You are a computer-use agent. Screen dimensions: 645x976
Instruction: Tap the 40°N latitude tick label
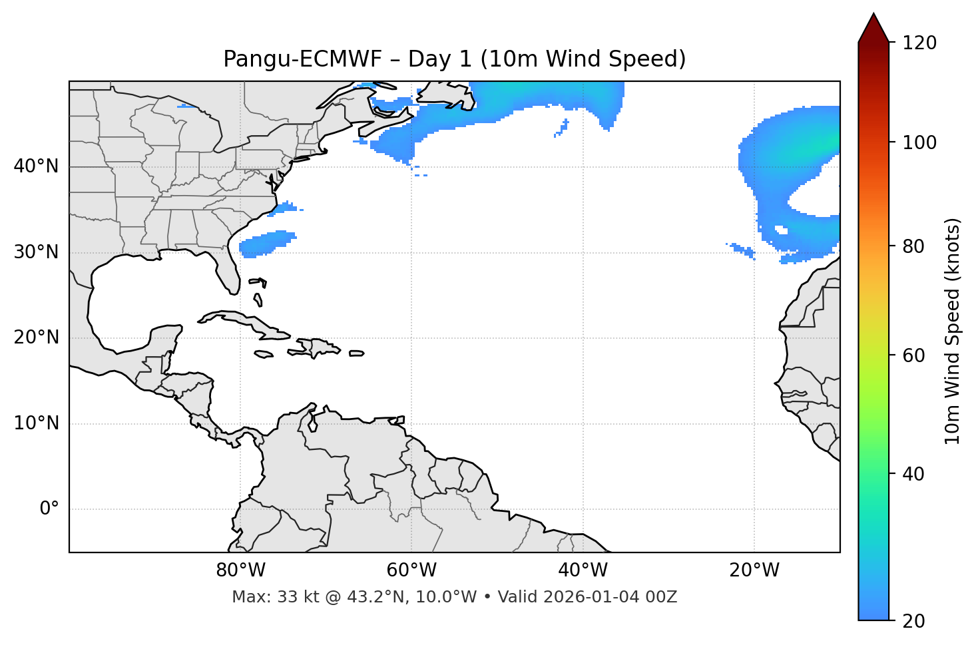click(36, 166)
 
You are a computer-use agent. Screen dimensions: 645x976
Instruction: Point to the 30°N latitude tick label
click(36, 252)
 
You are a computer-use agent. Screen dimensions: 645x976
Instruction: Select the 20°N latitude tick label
click(36, 337)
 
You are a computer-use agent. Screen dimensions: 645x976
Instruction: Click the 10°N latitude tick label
click(36, 423)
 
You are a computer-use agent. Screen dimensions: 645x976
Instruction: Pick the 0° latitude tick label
click(49, 509)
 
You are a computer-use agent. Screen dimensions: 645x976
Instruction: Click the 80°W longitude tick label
click(240, 570)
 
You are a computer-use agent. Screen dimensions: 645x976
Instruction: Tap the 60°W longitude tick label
click(411, 570)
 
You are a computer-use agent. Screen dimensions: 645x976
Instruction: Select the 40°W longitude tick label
click(583, 570)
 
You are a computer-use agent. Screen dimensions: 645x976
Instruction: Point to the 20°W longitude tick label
click(754, 570)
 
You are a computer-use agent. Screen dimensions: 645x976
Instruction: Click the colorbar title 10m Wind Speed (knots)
click(953, 331)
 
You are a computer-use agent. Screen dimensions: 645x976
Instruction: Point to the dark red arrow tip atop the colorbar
click(873, 20)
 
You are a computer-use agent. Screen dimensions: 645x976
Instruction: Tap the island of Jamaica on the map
click(264, 354)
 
